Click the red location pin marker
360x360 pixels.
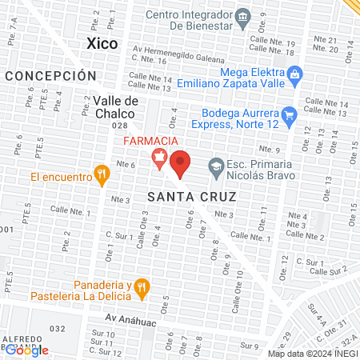pyautogui.click(x=181, y=162)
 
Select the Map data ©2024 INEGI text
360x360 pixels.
pyautogui.click(x=311, y=353)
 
